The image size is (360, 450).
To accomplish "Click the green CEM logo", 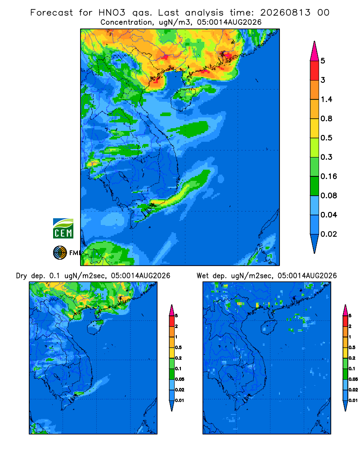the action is (63, 228).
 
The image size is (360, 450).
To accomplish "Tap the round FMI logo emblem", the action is (60, 252).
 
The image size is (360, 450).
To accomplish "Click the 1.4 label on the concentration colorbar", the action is (326, 99).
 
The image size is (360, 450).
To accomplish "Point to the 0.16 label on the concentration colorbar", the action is (328, 176).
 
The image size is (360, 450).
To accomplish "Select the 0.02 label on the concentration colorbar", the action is (328, 234).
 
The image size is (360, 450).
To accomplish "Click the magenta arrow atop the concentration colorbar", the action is (315, 51).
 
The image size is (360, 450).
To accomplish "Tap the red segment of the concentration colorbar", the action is (315, 71).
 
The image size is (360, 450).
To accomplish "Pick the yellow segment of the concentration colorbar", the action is (315, 128).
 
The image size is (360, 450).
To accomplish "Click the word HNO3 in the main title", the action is (112, 13).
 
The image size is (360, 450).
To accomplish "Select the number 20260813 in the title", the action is (285, 13).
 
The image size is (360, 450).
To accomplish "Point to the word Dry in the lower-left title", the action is (22, 276).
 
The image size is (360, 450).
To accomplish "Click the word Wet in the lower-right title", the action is (202, 276).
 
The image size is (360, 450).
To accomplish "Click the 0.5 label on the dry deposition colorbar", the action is (178, 347).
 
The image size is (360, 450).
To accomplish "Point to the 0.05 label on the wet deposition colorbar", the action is (353, 379).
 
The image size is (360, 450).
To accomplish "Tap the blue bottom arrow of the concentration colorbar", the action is (315, 243).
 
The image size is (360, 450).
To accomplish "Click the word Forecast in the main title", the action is (52, 13).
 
